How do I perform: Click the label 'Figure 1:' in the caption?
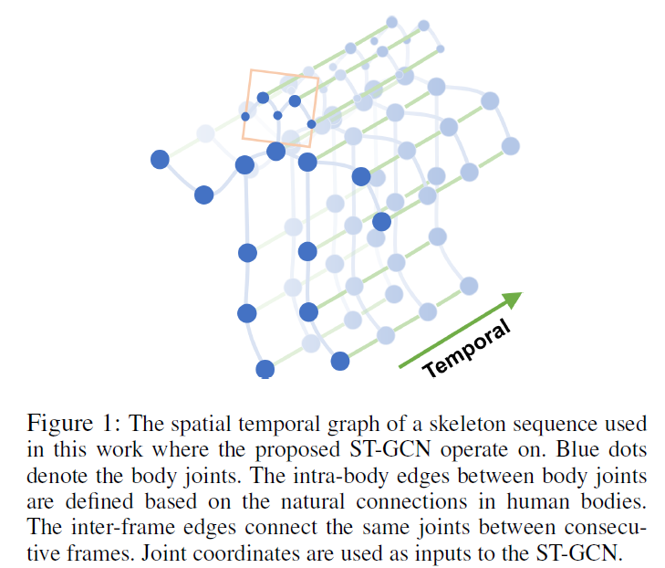point(75,424)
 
